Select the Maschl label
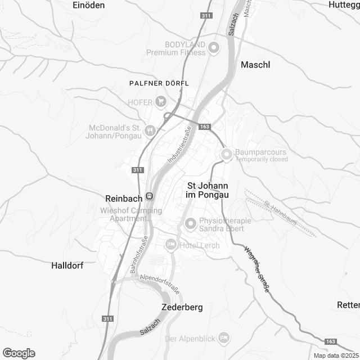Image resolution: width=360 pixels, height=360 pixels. [x=255, y=65]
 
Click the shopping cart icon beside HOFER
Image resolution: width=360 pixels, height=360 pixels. [x=161, y=101]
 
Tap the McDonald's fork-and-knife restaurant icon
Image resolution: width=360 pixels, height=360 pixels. [x=150, y=131]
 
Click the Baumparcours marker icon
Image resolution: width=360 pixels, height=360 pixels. [x=226, y=154]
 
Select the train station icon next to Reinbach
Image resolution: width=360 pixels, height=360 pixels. [x=149, y=197]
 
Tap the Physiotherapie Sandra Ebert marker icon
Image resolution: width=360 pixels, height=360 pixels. [x=190, y=224]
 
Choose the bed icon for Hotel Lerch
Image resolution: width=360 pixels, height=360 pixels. [x=170, y=245]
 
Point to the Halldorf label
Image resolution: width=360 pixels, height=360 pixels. [x=67, y=265]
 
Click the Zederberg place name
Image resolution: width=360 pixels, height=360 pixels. [x=182, y=308]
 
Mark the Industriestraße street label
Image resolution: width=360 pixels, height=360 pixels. [x=179, y=145]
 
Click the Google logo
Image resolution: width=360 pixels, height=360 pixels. [x=19, y=353]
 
